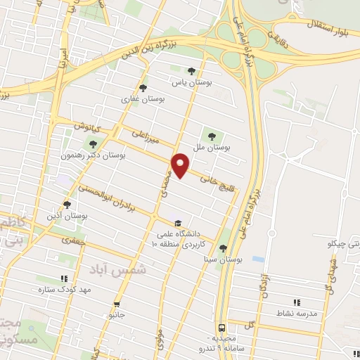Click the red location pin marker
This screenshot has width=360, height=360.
pos(181,165)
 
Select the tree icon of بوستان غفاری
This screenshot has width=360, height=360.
pos(143,89)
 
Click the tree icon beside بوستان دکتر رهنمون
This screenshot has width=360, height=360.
pos(94,144)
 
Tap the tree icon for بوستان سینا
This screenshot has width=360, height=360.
pos(223,247)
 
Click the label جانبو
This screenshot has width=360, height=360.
pos(117,316)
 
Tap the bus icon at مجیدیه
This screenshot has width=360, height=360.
pos(221,328)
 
